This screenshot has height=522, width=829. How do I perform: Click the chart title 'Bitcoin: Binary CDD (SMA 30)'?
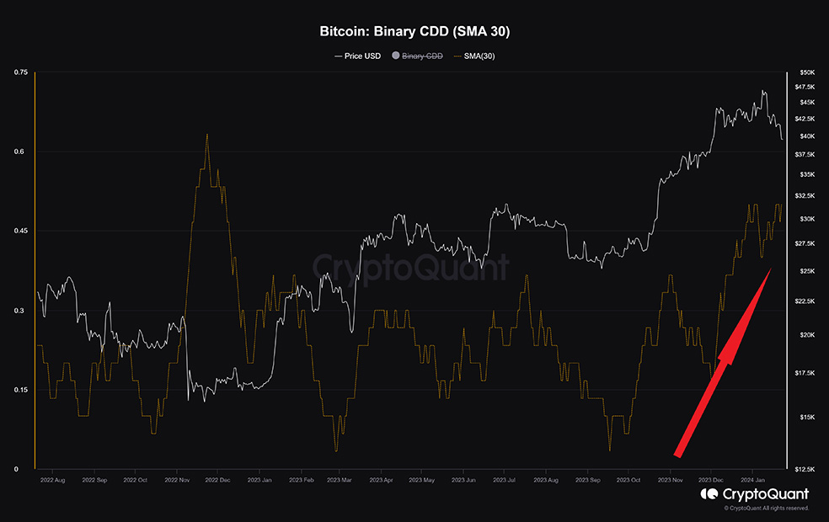click(x=414, y=33)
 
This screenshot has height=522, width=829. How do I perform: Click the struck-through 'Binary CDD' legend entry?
click(x=422, y=56)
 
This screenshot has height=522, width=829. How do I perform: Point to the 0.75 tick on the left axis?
click(x=21, y=73)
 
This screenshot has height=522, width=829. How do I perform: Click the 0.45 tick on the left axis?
click(x=21, y=231)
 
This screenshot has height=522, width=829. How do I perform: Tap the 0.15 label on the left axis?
click(x=21, y=390)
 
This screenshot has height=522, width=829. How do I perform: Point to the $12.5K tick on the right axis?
click(x=805, y=469)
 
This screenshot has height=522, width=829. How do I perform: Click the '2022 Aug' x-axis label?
click(x=52, y=481)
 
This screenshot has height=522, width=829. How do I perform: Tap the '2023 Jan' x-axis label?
click(x=259, y=481)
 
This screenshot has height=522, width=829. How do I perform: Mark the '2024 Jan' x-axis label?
click(x=752, y=481)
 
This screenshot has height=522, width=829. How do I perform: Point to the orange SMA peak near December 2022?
click(x=206, y=134)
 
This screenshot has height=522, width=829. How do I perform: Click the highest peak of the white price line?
click(x=763, y=91)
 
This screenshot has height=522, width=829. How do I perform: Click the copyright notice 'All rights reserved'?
click(x=787, y=509)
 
